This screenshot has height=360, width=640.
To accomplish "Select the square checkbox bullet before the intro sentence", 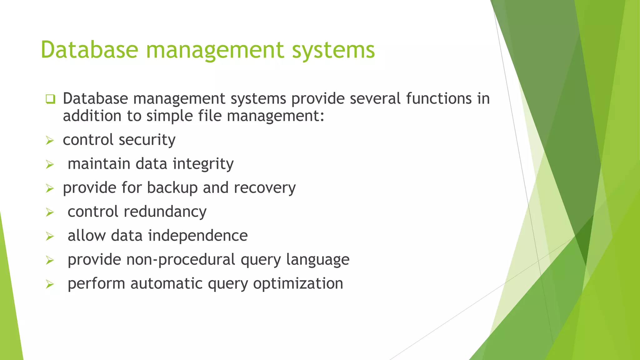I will coord(50,99).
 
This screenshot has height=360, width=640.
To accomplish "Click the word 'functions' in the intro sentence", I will coord(439,98).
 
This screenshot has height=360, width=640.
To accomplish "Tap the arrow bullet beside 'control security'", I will coord(50,141).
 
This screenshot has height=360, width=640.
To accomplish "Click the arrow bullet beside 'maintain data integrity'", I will coord(50,164).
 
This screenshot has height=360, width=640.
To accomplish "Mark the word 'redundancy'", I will coord(165,212).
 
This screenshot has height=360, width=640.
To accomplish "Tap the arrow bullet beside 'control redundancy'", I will coord(50,212).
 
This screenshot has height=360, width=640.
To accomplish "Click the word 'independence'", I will coord(198,236).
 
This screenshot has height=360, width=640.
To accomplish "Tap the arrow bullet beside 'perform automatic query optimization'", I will coord(50,284).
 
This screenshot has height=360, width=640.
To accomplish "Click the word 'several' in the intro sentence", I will coord(375,98).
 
